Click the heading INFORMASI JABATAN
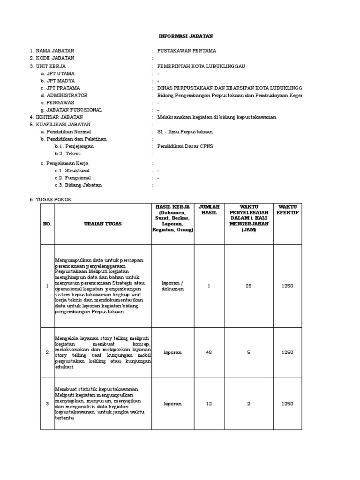pos(179,36)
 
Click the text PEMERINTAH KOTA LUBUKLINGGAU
pos(202,66)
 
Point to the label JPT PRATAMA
pos(62,88)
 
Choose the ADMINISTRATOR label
pos(66,95)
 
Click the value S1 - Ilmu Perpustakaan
pos(185,132)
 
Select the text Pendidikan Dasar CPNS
pos(185,146)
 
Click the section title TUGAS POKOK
pos(53,200)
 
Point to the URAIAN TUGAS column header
pos(103,224)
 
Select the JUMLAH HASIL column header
pos(209,210)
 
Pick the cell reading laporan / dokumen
pos(173,286)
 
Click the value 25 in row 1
pos(249,286)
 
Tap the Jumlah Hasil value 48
pos(209,352)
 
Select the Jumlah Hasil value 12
pos(209,404)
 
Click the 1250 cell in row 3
pos(287,404)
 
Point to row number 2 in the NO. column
pos(47,352)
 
